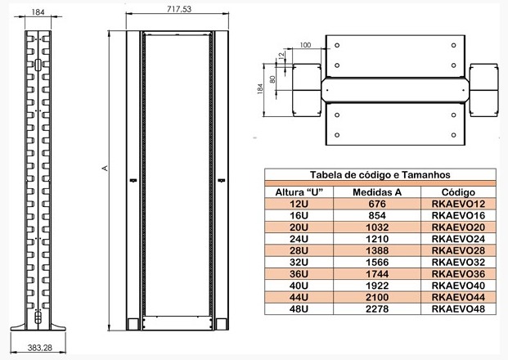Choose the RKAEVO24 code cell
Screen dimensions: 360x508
(x=457, y=238)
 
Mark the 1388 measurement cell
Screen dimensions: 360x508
(x=377, y=250)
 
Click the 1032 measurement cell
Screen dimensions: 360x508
(x=377, y=227)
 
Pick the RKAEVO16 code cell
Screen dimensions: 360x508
(x=457, y=215)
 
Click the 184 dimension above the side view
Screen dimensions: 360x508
(x=38, y=12)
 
